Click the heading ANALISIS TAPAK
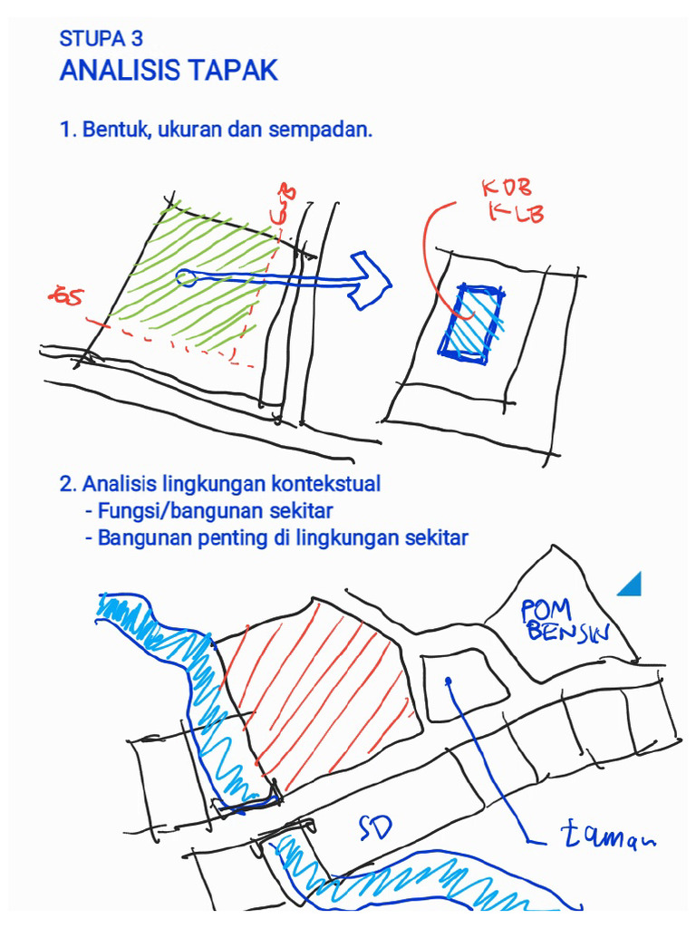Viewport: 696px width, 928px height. click(169, 71)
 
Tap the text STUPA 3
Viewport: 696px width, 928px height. click(101, 39)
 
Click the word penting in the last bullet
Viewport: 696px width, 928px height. click(230, 538)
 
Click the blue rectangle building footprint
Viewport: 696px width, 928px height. click(471, 323)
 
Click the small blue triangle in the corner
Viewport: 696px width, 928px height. click(632, 585)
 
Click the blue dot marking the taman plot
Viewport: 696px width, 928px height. click(449, 681)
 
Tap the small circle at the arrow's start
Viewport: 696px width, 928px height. click(185, 276)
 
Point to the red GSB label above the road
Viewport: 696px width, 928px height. click(285, 205)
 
